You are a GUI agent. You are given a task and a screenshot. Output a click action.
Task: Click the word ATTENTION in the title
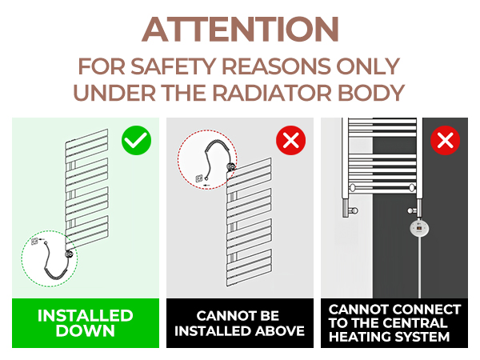240,30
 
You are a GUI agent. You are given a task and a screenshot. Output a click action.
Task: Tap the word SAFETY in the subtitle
174,66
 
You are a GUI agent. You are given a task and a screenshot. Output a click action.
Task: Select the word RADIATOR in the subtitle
272,93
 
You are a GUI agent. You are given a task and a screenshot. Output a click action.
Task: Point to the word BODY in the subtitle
371,93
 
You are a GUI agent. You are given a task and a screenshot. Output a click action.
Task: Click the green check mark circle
136,140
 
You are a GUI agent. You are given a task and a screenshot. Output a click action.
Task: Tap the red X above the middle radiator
291,140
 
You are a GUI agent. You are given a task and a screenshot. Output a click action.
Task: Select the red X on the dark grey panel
445,140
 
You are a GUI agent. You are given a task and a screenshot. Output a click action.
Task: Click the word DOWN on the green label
86,331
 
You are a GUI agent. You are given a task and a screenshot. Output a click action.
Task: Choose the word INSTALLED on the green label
86,316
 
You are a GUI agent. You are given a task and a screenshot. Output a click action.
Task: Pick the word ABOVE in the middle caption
280,331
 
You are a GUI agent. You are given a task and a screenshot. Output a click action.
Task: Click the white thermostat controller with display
419,228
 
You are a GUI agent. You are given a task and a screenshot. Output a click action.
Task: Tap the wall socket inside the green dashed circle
34,242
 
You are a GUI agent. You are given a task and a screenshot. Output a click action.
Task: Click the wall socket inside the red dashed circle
199,178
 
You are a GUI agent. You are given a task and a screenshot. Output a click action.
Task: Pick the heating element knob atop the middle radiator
231,167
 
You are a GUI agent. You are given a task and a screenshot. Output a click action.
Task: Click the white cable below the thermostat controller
419,267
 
